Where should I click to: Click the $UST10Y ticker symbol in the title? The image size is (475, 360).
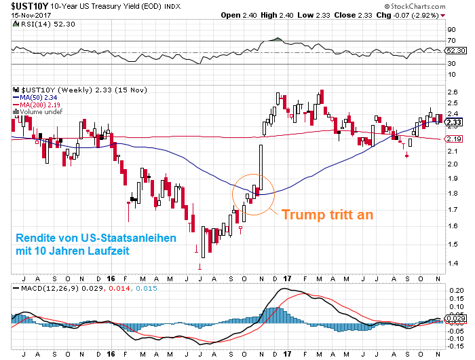coord(21,6)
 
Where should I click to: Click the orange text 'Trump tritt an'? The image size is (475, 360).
coord(327,214)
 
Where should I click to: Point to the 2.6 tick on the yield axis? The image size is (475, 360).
coord(451,92)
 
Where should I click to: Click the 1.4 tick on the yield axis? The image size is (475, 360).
coord(451,263)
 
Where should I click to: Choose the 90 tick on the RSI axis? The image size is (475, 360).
coord(451,30)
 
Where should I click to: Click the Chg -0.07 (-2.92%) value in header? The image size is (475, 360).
coord(417,14)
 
